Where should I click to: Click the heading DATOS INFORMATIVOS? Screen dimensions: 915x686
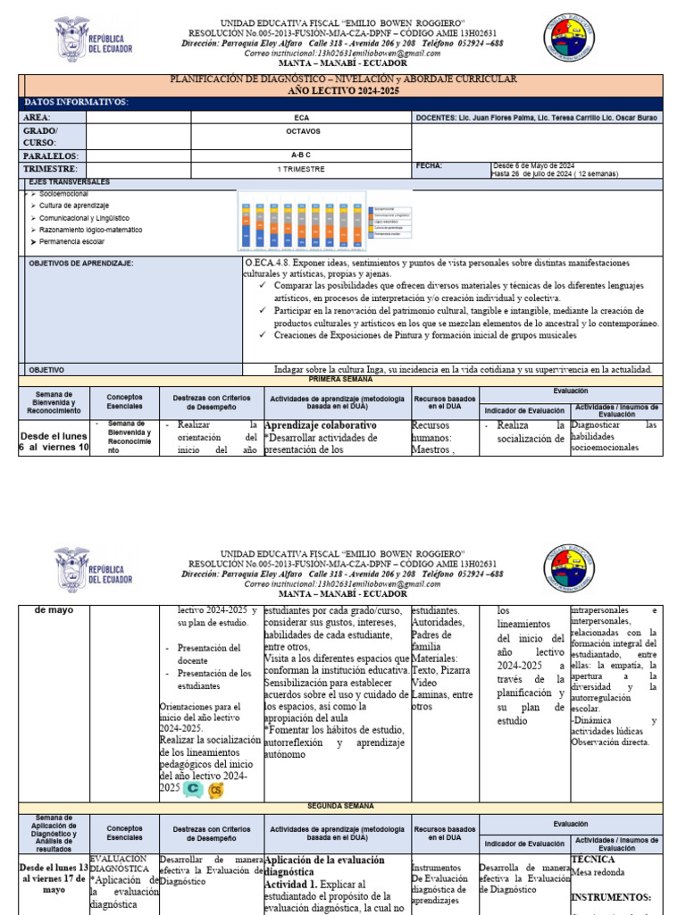click(x=76, y=103)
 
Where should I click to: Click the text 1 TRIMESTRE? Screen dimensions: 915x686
click(x=301, y=168)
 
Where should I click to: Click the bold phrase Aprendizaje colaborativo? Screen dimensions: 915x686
click(x=321, y=425)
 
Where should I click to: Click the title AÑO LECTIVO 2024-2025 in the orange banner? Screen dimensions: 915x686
click(x=343, y=91)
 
